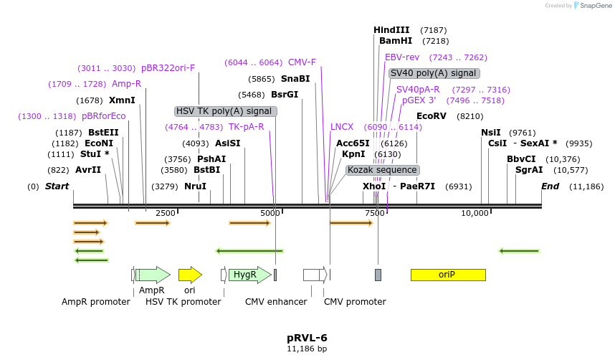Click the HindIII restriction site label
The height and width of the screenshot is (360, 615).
tap(391, 30)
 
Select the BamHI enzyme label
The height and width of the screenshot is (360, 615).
tap(396, 41)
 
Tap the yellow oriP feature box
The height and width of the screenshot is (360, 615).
tap(447, 275)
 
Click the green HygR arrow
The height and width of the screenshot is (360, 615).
tap(249, 275)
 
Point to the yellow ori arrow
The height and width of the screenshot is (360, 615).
tap(190, 275)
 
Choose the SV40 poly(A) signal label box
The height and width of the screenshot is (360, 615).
tap(434, 73)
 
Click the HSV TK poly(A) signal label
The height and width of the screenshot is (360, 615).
tap(225, 111)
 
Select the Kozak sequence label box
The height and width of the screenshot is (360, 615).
tap(382, 170)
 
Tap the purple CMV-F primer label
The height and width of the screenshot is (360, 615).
tap(302, 62)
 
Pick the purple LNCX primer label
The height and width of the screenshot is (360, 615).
tap(342, 127)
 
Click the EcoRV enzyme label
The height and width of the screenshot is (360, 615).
tap(432, 116)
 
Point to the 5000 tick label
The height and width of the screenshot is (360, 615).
tap(270, 214)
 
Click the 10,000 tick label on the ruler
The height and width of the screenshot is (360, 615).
tap(475, 214)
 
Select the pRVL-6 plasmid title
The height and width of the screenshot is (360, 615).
tap(307, 338)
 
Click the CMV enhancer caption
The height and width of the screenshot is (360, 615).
tap(276, 302)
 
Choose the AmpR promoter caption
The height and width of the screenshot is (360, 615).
tap(96, 302)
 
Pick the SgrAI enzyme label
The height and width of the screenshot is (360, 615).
tap(529, 170)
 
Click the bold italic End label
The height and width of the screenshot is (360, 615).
tap(550, 186)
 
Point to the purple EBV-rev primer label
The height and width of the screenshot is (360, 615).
tap(402, 57)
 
